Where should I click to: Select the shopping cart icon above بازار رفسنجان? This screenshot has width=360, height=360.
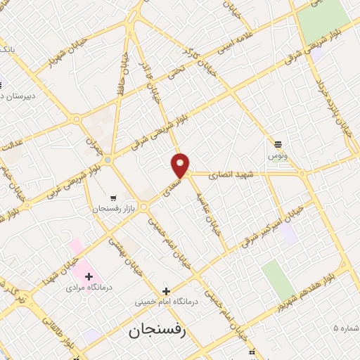(x=113, y=198)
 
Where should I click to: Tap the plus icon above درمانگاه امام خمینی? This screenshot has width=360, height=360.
(x=166, y=290)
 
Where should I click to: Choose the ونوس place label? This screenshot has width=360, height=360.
(x=277, y=155)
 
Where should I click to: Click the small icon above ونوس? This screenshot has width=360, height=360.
(x=278, y=143)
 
